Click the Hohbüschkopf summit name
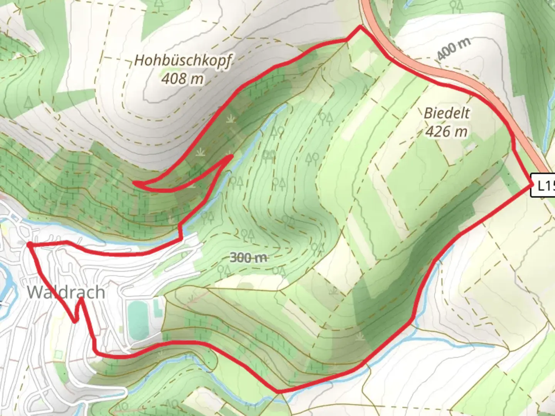click(x=183, y=61)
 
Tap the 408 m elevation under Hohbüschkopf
click(x=182, y=79)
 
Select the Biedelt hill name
click(x=447, y=113)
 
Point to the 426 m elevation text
click(x=446, y=131)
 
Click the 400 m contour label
click(x=454, y=49)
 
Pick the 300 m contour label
click(x=248, y=257)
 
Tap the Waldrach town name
click(x=66, y=292)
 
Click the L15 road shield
click(x=544, y=186)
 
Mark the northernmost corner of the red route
click(x=360, y=27)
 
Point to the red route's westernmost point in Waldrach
click(x=29, y=244)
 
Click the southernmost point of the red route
click(x=278, y=392)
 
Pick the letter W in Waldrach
click(x=35, y=292)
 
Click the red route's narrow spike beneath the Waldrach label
click(x=81, y=299)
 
